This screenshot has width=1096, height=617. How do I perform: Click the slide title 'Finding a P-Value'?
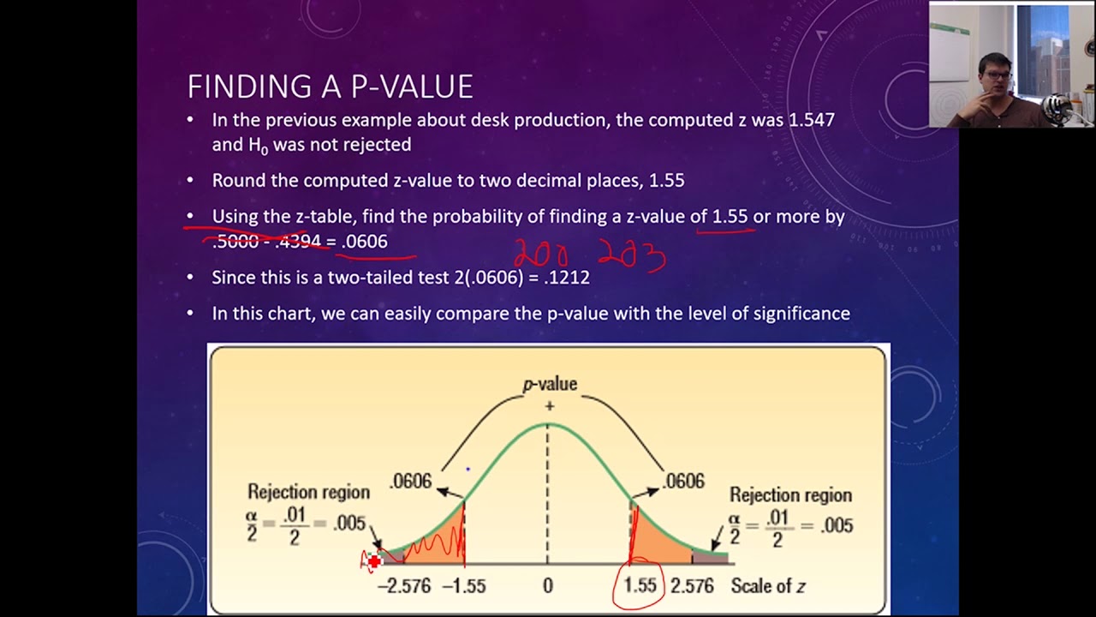click(x=330, y=87)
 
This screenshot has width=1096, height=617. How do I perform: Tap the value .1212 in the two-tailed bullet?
click(x=565, y=278)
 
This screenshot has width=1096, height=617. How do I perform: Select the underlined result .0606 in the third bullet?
click(x=365, y=242)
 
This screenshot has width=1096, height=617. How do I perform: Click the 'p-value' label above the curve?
click(x=550, y=385)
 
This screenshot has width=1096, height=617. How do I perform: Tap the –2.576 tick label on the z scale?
click(x=404, y=586)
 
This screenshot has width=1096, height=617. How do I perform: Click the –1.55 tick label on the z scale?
click(x=464, y=586)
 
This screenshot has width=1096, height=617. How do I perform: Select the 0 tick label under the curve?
click(x=548, y=586)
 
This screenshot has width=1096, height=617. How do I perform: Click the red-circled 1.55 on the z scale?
click(x=640, y=586)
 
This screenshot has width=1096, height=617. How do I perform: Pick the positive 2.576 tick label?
click(x=692, y=586)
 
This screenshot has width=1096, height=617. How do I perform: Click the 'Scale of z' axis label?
click(x=768, y=586)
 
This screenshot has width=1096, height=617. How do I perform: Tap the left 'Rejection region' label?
click(x=308, y=492)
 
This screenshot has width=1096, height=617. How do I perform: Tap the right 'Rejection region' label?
click(x=790, y=495)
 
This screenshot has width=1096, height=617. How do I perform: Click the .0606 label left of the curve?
click(x=411, y=482)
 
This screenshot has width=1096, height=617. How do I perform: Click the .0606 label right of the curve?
click(x=684, y=482)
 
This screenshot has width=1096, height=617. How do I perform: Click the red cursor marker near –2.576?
click(x=374, y=562)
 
